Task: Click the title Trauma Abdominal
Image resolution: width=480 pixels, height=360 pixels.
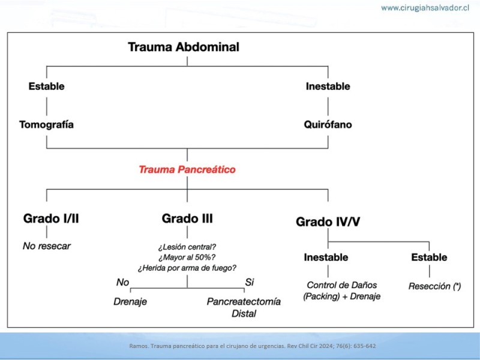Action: pyautogui.click(x=184, y=47)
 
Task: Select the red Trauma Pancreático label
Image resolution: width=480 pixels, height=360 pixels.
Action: pyautogui.click(x=187, y=170)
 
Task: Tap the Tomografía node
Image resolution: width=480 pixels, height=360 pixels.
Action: pyautogui.click(x=47, y=125)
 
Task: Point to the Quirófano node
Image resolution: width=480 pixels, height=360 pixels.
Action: pyautogui.click(x=328, y=125)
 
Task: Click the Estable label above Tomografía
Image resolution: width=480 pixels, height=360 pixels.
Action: pyautogui.click(x=47, y=86)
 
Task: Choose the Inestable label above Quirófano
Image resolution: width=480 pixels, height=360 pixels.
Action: pyautogui.click(x=328, y=86)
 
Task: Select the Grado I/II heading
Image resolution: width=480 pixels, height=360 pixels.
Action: pyautogui.click(x=51, y=218)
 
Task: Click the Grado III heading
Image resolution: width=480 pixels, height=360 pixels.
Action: pyautogui.click(x=187, y=218)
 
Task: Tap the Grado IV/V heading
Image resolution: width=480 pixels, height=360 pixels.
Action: pyautogui.click(x=328, y=221)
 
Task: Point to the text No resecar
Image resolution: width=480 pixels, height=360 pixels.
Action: pyautogui.click(x=47, y=246)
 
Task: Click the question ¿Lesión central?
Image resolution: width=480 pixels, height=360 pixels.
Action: pyautogui.click(x=187, y=247)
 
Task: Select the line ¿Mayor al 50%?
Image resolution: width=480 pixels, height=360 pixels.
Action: pyautogui.click(x=187, y=257)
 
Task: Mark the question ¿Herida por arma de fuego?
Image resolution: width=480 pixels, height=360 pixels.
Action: pyautogui.click(x=187, y=268)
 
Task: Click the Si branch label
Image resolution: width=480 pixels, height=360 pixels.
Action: pyautogui.click(x=250, y=282)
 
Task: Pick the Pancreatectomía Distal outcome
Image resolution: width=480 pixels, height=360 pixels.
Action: pyautogui.click(x=244, y=307)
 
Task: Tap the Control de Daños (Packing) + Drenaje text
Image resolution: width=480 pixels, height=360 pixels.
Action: pyautogui.click(x=341, y=291)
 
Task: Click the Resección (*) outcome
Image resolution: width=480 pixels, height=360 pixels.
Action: pyautogui.click(x=434, y=286)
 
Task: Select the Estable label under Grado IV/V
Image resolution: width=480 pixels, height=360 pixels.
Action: pyautogui.click(x=429, y=257)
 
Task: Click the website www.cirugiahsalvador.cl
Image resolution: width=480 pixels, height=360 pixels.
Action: pyautogui.click(x=425, y=8)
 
